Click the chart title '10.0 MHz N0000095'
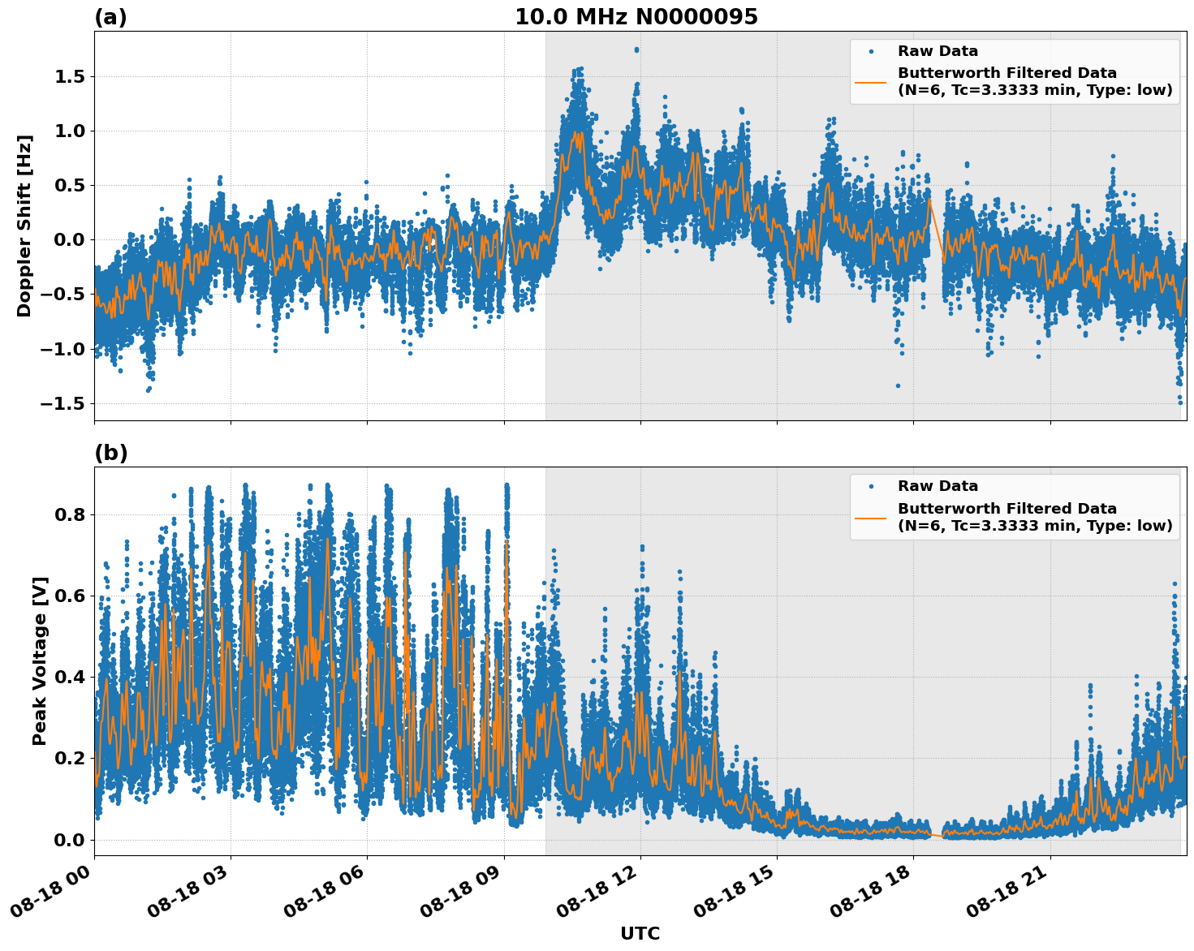coord(636,17)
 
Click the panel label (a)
coord(110,17)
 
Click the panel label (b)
coord(110,453)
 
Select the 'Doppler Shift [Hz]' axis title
coord(24,226)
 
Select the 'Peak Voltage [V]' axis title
coord(40,661)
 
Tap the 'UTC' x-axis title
coord(640,933)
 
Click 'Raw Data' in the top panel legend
coord(938,51)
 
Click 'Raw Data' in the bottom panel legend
coord(938,486)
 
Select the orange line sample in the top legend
coord(871,81)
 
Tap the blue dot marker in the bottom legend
coord(871,487)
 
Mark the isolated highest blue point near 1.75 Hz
coord(636,49)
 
